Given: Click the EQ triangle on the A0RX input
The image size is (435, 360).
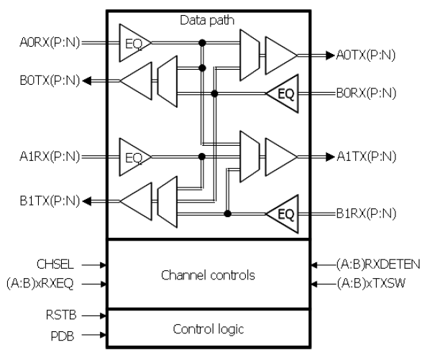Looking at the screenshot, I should click(133, 43).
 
